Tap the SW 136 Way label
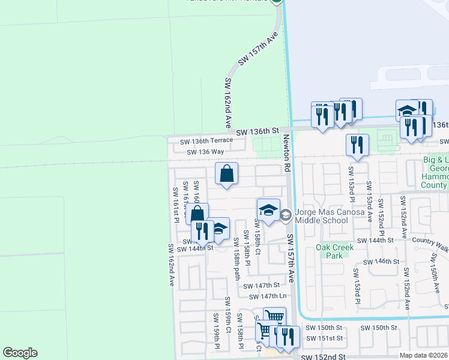click(205, 152)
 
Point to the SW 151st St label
click(324, 338)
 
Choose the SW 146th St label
click(383, 262)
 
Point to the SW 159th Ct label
click(228, 315)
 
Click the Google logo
click(20, 353)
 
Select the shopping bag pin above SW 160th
click(227, 175)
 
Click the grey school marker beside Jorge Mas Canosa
click(286, 214)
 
